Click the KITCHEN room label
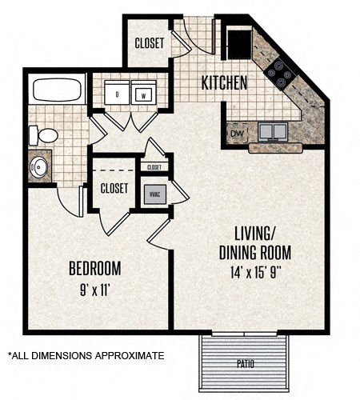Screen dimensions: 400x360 coord(223,82)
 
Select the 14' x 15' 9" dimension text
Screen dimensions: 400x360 coord(254,273)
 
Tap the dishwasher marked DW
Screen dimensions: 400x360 coord(236,134)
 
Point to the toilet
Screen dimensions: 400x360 coord(46,135)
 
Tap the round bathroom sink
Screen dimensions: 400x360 coord(39,166)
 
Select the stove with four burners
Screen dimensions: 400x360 coord(282,73)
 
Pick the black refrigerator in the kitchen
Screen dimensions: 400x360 coord(238,42)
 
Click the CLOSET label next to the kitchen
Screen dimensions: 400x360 coord(150,44)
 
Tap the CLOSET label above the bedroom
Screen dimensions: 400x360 coord(114,188)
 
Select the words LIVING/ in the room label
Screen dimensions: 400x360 coord(254,234)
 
